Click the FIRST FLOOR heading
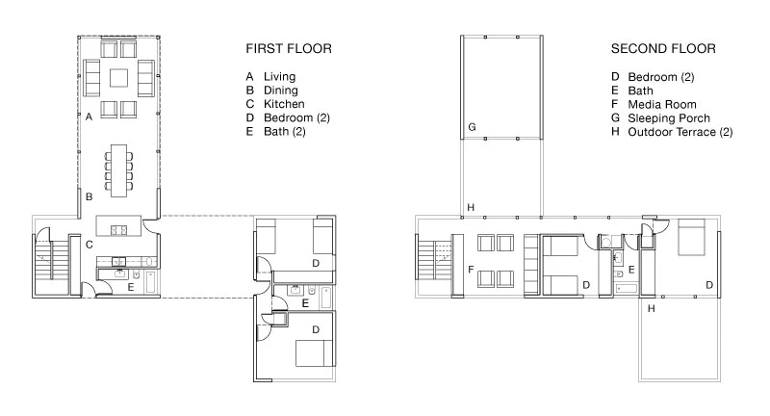coord(289,48)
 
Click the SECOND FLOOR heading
coord(663,48)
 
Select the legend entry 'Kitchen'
coord(284,104)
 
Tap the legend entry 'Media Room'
coord(662,105)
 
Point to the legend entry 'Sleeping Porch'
coord(669,118)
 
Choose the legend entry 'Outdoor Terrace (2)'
coord(680,132)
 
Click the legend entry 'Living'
coord(279,77)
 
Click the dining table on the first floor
coord(118,170)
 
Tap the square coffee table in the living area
coord(118,78)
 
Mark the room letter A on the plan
coord(89,117)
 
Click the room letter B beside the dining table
coord(89,196)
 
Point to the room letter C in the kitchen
coord(89,244)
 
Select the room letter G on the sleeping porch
coord(472,127)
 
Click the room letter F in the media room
coord(471,269)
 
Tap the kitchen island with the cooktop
coord(118,225)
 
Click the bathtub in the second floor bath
coord(627,288)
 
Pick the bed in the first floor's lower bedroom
coord(316,353)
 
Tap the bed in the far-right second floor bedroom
coord(691,237)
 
